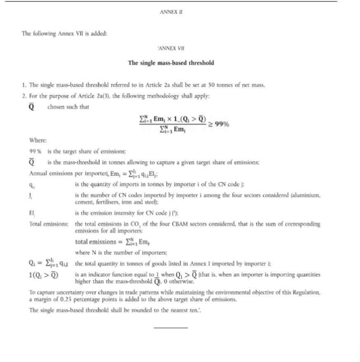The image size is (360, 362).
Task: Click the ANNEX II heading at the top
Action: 171,12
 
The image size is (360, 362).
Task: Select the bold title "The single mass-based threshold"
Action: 171,63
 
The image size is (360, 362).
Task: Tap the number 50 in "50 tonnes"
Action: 212,85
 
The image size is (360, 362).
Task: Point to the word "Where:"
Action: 37,140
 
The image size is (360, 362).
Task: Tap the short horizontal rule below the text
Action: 171,328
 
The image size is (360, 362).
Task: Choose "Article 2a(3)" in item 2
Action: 80,96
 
